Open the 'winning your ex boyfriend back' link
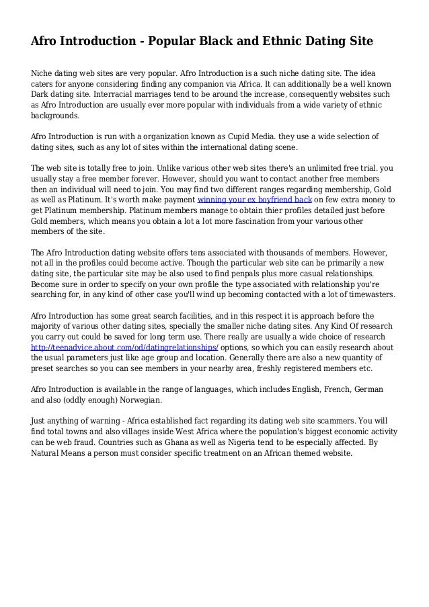[x=254, y=200]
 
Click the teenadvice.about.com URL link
[x=125, y=348]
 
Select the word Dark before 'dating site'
[x=42, y=95]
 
